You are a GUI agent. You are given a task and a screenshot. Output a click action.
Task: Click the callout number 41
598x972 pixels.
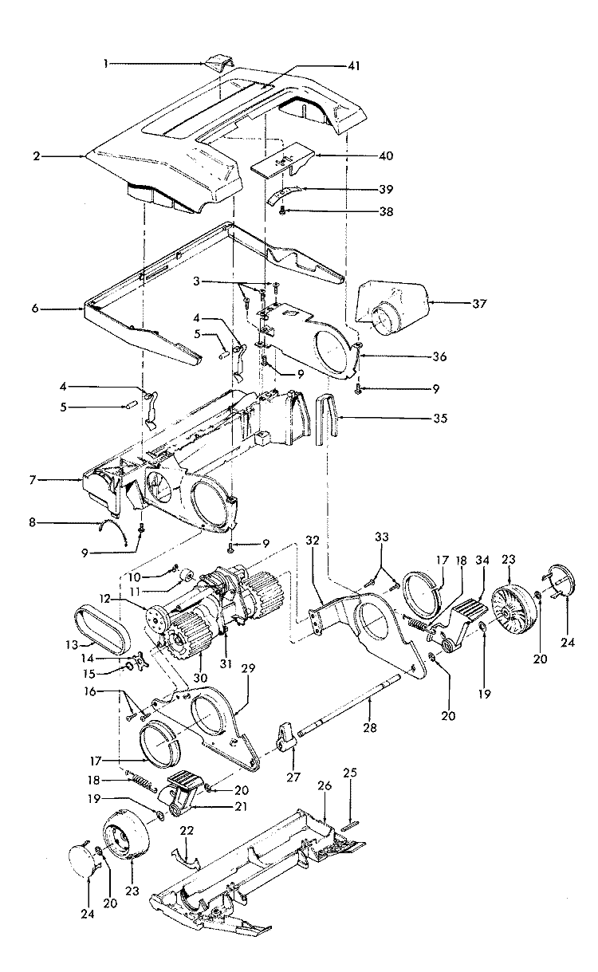click(354, 66)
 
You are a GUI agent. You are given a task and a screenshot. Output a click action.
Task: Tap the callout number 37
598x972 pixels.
click(479, 304)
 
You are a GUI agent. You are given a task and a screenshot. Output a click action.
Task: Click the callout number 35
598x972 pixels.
click(439, 419)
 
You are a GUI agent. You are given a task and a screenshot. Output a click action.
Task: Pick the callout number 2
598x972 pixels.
click(37, 156)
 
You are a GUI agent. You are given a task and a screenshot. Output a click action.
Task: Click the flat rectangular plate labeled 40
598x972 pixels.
click(283, 161)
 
